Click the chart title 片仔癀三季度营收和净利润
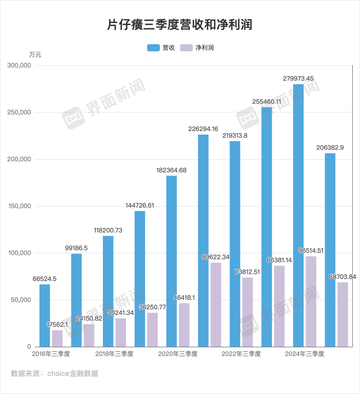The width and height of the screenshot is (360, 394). tap(179, 24)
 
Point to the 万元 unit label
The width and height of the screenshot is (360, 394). tap(35, 54)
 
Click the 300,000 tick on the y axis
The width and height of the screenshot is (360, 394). tap(20, 66)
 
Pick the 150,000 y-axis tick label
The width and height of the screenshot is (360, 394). tap(20, 207)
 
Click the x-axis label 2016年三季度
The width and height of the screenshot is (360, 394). tap(51, 354)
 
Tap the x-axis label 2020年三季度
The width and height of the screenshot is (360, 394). tap(177, 354)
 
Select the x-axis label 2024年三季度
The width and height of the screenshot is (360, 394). tap(304, 354)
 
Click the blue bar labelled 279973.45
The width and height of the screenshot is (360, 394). tap(298, 216)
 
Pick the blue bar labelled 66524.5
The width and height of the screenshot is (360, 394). tap(45, 315)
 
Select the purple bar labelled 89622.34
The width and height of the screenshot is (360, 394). tap(216, 305)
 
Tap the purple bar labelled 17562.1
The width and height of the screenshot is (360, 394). tap(57, 339)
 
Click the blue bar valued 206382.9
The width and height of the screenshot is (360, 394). tap(330, 250)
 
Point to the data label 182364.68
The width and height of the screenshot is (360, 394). tap(171, 170)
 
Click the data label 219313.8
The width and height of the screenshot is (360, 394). tap(235, 135)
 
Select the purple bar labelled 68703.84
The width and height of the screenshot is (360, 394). tap(343, 314)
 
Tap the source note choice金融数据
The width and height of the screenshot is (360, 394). tap(73, 373)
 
